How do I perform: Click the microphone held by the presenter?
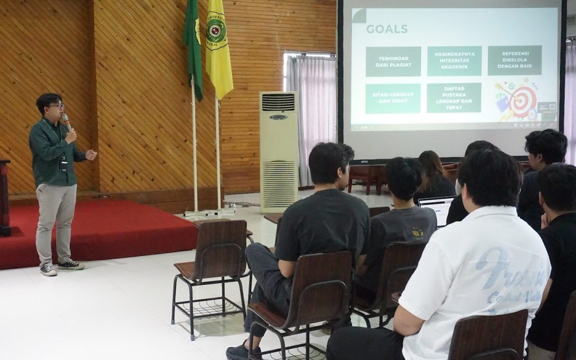point(66,121)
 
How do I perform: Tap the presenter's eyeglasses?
point(57,106)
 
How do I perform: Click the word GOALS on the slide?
point(387,29)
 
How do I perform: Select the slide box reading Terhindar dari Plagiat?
point(393,61)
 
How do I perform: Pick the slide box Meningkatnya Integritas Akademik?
point(454,61)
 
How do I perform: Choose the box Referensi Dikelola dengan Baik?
point(515,60)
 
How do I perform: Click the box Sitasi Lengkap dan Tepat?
point(393,98)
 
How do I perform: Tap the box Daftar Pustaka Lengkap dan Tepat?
point(454,98)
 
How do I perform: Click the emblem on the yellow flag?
point(216,31)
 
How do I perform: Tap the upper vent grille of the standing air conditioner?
point(278,102)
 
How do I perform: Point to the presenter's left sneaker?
point(71,265)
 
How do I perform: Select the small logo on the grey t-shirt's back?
point(418,233)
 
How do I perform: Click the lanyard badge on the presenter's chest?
point(63,165)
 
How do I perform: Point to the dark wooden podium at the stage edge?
point(4,197)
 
